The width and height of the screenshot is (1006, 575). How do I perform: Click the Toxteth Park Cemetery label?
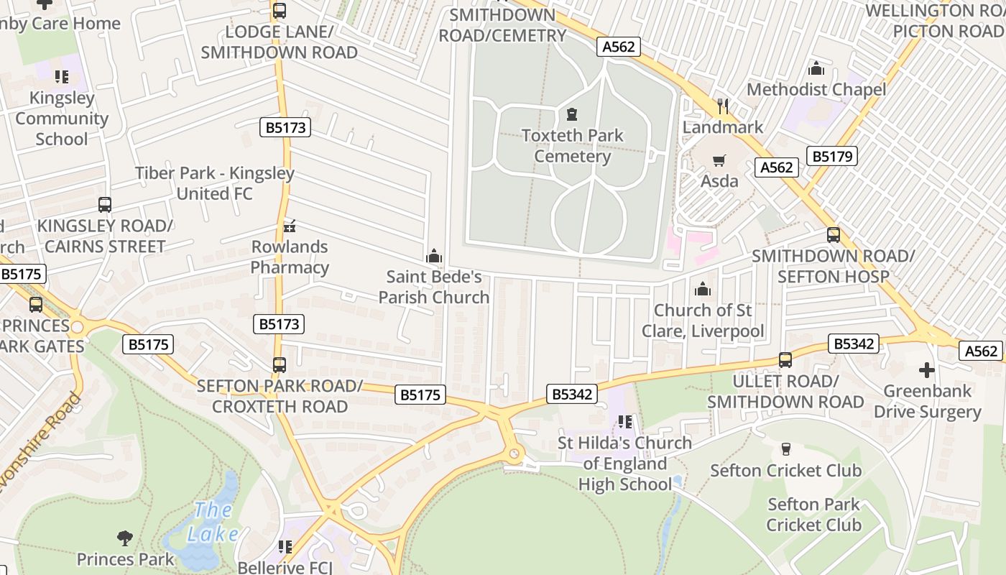pyautogui.click(x=572, y=146)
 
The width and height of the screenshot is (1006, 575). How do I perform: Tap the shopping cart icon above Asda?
pyautogui.click(x=719, y=161)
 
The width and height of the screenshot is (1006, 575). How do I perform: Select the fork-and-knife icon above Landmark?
pyautogui.click(x=723, y=106)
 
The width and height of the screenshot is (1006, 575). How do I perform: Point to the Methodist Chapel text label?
pyautogui.click(x=816, y=90)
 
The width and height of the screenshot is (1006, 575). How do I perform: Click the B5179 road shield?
pyautogui.click(x=832, y=156)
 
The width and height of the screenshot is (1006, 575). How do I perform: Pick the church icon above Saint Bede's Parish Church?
pyautogui.click(x=433, y=256)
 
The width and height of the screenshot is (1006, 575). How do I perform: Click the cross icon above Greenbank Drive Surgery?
pyautogui.click(x=927, y=371)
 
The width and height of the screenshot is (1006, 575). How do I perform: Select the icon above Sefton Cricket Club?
pyautogui.click(x=785, y=449)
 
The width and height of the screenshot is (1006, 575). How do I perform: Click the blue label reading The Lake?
pyautogui.click(x=213, y=523)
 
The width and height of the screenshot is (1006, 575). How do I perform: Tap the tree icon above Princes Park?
pyautogui.click(x=125, y=538)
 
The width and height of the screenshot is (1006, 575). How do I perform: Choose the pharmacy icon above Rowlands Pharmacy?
pyautogui.click(x=290, y=226)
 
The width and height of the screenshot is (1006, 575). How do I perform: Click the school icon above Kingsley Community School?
pyautogui.click(x=62, y=77)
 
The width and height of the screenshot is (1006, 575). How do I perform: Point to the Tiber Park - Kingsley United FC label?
pyautogui.click(x=215, y=183)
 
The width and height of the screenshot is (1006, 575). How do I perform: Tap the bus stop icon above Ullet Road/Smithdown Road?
pyautogui.click(x=785, y=360)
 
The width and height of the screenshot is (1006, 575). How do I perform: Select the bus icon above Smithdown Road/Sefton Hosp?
pyautogui.click(x=834, y=235)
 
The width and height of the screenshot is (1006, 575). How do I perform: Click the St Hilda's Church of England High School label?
pyautogui.click(x=625, y=464)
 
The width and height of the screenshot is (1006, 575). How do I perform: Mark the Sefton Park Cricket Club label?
pyautogui.click(x=813, y=515)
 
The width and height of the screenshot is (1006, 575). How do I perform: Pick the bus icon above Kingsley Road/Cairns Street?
pyautogui.click(x=105, y=205)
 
